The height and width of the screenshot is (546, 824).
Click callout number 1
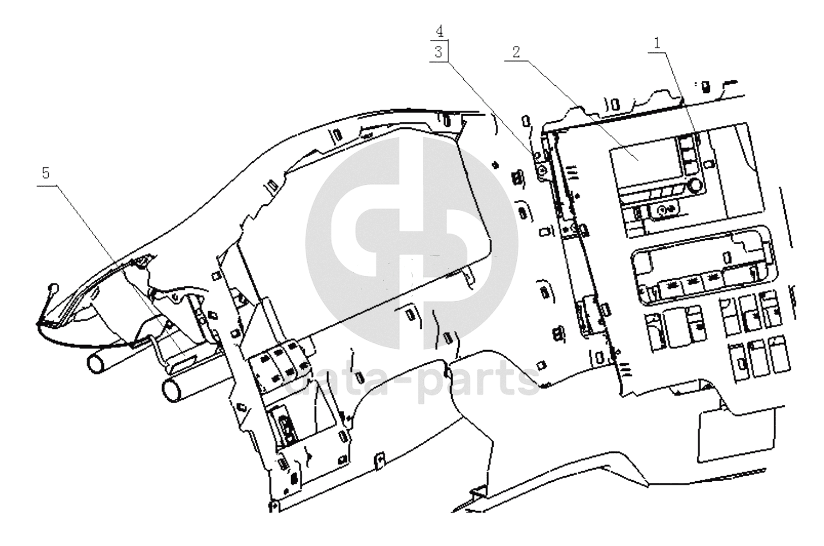(x=657, y=44)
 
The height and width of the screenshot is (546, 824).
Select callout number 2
(x=516, y=52)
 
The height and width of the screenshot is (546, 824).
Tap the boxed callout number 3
(x=438, y=52)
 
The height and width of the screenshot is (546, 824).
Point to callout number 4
(x=439, y=32)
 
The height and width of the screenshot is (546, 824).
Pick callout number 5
(x=45, y=173)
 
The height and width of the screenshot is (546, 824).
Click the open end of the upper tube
(x=96, y=364)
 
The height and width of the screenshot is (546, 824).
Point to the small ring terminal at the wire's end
(x=53, y=287)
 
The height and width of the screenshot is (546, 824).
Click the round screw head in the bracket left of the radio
(x=541, y=170)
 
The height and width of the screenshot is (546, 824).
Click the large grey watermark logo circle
(x=411, y=243)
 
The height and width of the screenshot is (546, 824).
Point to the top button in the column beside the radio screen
(x=686, y=142)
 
